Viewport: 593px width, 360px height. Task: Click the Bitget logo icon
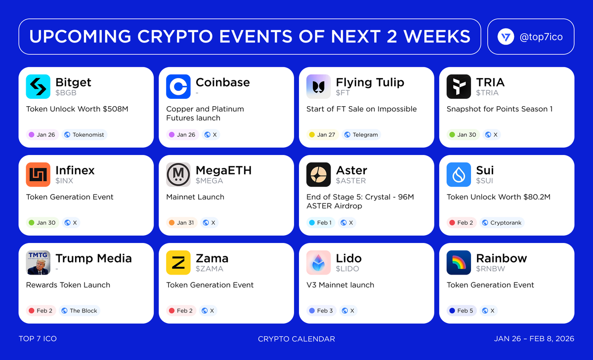point(38,87)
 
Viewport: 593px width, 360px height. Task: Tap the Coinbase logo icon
point(178,87)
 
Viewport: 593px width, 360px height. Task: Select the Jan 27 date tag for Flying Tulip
point(322,134)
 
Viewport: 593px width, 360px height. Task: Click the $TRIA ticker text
point(487,93)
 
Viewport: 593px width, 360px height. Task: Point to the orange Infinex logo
point(38,175)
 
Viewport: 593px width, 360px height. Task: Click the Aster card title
point(351,170)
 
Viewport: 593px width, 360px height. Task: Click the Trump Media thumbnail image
point(38,263)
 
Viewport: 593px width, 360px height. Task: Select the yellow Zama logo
point(178,263)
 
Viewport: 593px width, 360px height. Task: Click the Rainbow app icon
point(459,263)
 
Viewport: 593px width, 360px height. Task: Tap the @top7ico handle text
point(541,37)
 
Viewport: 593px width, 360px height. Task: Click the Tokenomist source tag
point(84,134)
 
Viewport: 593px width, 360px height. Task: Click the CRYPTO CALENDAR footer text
point(296,339)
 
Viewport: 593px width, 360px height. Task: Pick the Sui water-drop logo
point(459,175)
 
